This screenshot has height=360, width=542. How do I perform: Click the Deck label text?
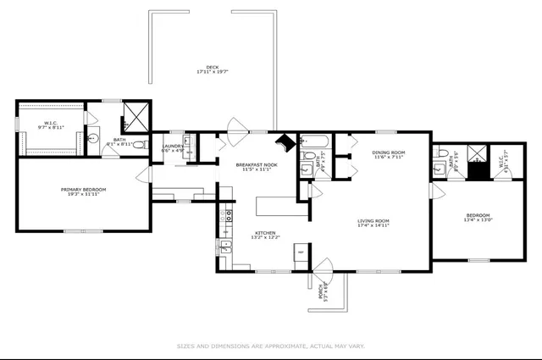(213, 69)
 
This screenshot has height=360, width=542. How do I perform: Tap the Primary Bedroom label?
(82, 191)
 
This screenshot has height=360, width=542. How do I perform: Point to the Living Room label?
(373, 223)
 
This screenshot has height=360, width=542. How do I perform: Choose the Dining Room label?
(389, 155)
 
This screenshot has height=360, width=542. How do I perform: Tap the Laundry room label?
(173, 147)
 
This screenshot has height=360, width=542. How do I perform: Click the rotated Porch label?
(322, 292)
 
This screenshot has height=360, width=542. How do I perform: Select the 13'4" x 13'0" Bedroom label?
(478, 218)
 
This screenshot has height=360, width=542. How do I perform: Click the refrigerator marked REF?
(300, 252)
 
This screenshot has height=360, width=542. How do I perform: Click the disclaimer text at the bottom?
(271, 346)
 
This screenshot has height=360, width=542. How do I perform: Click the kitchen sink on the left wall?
(226, 246)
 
